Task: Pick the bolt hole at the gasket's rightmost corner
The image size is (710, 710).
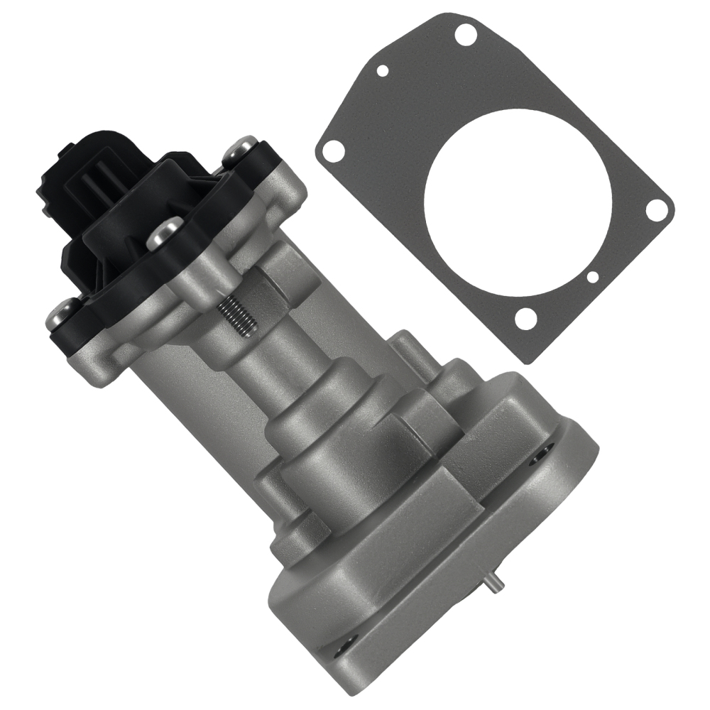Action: [658, 208]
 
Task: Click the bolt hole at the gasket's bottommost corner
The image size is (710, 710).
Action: [525, 320]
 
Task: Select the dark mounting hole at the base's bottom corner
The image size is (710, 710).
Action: [346, 625]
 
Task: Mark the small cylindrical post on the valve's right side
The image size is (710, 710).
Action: [409, 350]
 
